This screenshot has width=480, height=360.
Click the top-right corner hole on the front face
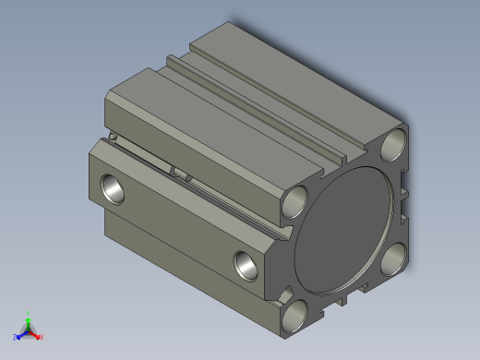point(394,144)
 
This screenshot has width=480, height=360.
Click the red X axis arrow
point(37,335)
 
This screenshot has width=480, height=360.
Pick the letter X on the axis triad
point(42,337)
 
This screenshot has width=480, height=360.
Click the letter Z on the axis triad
point(16,337)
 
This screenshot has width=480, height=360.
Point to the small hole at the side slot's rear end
point(112,138)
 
